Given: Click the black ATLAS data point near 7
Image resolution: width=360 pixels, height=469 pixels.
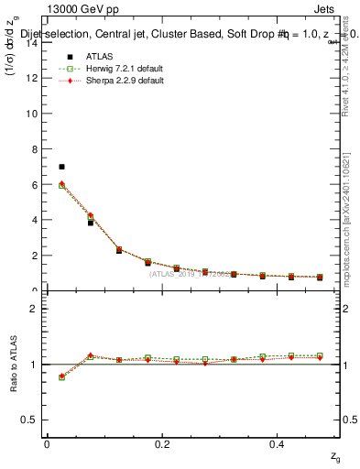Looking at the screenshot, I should coord(61,167).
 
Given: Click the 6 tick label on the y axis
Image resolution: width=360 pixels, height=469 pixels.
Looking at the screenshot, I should coord(33,185).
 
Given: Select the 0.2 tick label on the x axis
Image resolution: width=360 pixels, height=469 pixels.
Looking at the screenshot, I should coord(163,443).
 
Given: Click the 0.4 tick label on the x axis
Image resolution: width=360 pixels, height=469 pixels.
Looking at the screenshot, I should coord(278,443).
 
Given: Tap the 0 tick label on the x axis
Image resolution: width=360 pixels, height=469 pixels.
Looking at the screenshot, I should coord(47,443).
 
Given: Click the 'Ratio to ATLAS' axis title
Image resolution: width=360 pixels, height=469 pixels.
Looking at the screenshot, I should coord(14,364).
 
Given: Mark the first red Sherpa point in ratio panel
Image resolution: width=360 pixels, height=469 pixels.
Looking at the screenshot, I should coord(61,376).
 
